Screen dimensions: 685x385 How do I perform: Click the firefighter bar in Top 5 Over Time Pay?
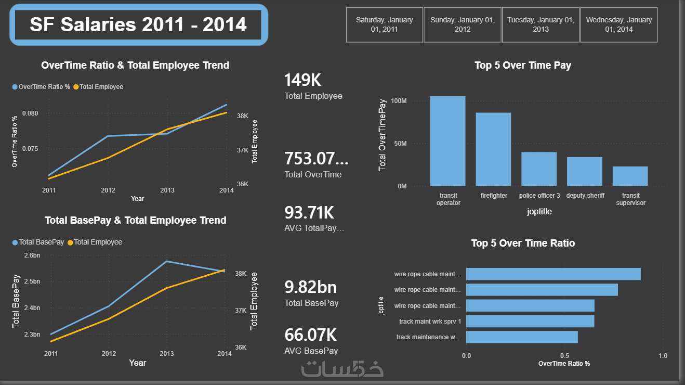tap(493, 149)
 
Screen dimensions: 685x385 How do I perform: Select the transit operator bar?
tap(447, 141)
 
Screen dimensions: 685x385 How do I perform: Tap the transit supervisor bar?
tap(630, 176)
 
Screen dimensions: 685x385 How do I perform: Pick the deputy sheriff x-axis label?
tap(585, 196)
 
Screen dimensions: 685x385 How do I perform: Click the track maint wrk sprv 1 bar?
tap(530, 322)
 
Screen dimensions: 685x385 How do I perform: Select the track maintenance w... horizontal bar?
tap(522, 337)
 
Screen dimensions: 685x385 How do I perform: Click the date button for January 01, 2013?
tap(541, 25)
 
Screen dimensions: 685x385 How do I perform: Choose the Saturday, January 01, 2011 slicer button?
tap(385, 25)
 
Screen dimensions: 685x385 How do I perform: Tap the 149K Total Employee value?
tap(303, 80)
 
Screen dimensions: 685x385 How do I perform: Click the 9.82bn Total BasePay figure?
tap(310, 287)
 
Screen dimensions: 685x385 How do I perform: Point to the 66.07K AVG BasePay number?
tap(310, 335)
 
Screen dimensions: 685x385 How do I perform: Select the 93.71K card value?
tap(309, 212)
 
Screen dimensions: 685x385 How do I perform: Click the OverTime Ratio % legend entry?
tap(41, 87)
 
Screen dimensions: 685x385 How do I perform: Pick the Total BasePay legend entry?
tap(38, 242)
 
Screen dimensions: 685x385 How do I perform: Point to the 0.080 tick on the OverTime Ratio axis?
tap(30, 113)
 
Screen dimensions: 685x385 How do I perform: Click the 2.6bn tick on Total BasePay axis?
tap(32, 255)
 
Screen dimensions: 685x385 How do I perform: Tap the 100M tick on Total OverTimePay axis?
tap(399, 101)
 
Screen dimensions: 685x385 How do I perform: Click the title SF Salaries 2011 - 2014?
tap(138, 24)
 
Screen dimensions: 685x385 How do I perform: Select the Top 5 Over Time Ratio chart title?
tap(523, 243)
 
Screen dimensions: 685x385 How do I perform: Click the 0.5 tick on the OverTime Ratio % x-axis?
tap(564, 356)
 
